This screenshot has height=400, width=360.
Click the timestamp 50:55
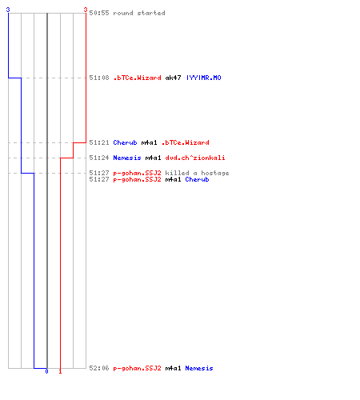(x=99, y=13)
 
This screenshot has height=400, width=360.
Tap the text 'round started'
(x=139, y=13)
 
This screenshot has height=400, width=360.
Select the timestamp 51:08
(x=99, y=78)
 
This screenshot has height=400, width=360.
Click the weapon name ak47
(x=173, y=78)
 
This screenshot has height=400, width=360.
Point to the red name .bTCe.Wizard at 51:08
(x=137, y=78)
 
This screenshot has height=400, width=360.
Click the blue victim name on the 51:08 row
(x=203, y=78)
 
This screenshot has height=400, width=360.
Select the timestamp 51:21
(x=99, y=142)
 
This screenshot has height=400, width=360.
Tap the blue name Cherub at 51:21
(x=125, y=142)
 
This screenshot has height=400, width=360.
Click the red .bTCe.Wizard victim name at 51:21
(x=186, y=142)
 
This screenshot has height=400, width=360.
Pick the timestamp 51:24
(x=99, y=158)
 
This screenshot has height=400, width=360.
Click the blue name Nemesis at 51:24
(x=127, y=158)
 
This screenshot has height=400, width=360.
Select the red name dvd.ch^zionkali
(x=195, y=158)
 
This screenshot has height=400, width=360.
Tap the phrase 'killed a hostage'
(x=197, y=173)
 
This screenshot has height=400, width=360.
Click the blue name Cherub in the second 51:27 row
(x=197, y=179)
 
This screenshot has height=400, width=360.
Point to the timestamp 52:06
(x=99, y=368)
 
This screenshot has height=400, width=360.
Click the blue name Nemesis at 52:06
(x=199, y=368)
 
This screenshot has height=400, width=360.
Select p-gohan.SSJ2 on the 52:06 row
(x=137, y=368)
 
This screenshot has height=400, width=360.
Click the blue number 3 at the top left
(x=8, y=10)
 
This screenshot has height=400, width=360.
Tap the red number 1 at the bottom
(x=60, y=371)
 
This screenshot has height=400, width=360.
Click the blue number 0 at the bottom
(x=46, y=371)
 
